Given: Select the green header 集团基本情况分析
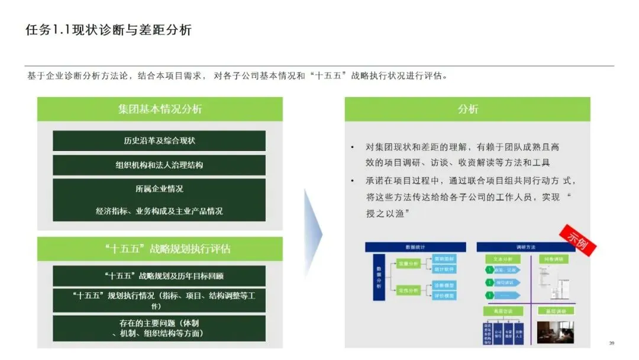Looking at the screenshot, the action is click(160, 109).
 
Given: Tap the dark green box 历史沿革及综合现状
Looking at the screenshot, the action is click(159, 141).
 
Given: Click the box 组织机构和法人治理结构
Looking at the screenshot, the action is click(159, 165).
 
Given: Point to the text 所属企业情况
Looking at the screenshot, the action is click(159, 189).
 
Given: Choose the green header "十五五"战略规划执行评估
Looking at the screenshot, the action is click(160, 249).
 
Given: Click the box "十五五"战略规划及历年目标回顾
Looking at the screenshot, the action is click(159, 276).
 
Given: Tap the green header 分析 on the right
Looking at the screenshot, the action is click(467, 109).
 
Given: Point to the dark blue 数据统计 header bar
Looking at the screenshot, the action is click(415, 247).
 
